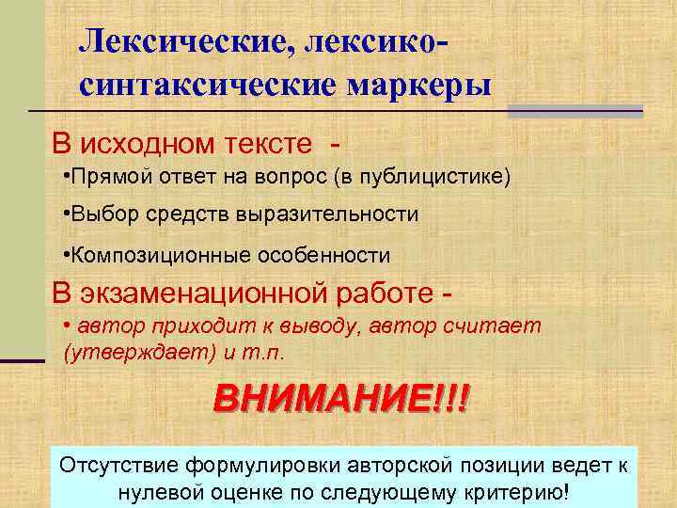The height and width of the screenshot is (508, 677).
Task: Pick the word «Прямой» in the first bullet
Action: [x=101, y=176]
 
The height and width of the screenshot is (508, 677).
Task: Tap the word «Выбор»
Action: [x=97, y=214]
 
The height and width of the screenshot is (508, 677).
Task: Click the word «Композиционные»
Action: [x=150, y=254]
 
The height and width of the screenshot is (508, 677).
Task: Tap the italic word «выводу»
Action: [x=319, y=327]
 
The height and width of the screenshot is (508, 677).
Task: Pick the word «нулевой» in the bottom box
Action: [x=159, y=492]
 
